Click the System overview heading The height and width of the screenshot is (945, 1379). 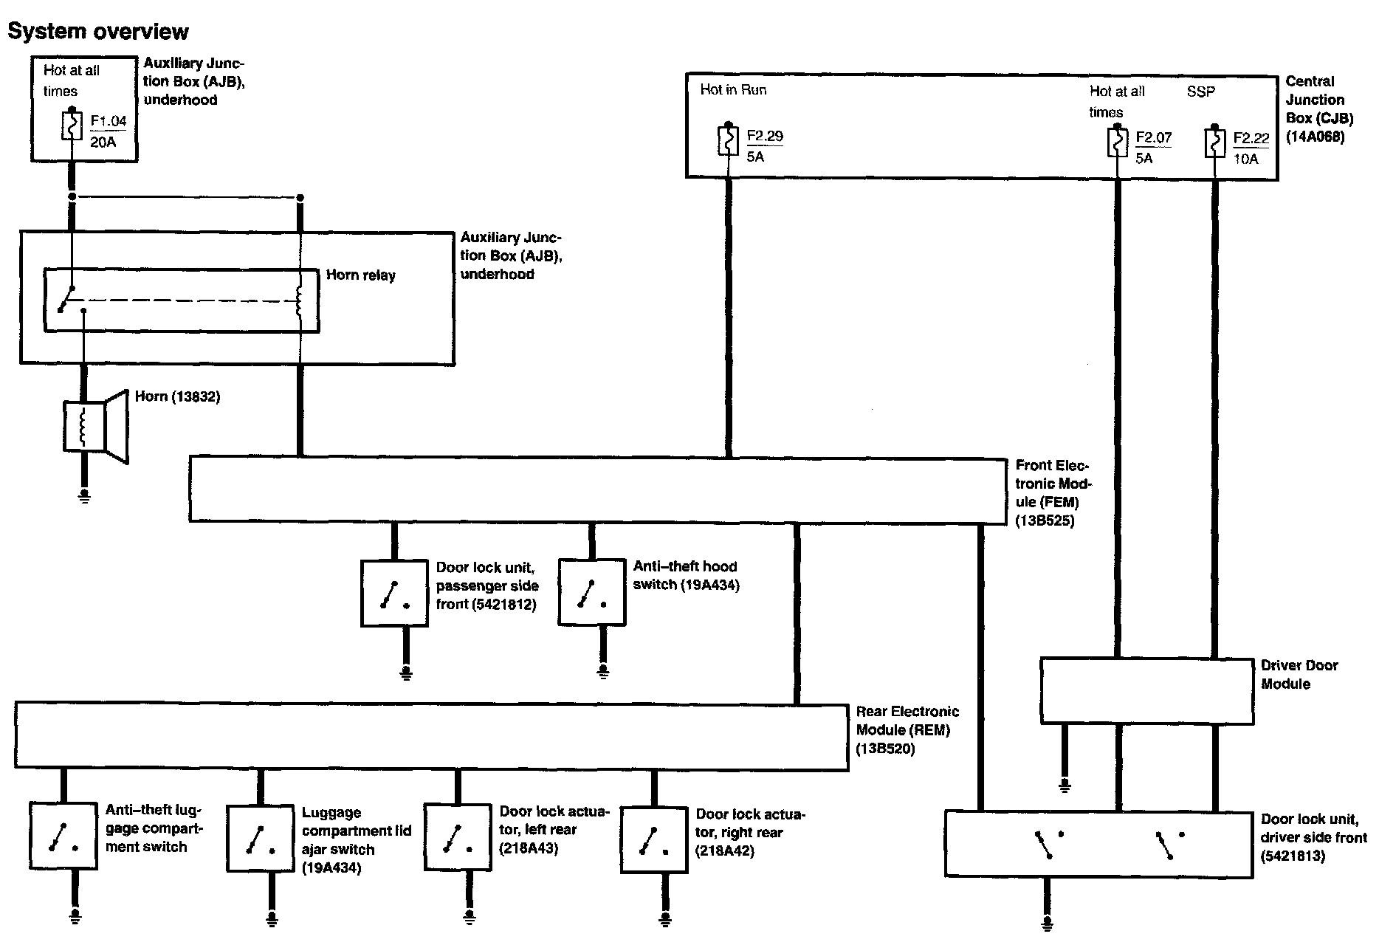98,32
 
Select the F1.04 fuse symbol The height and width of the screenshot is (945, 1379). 72,126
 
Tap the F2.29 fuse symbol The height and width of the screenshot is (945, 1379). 728,140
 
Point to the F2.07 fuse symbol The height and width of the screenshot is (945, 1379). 1117,142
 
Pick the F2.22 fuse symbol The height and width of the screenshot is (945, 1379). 1214,142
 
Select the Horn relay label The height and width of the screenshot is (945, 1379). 361,275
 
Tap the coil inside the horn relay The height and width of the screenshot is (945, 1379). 299,301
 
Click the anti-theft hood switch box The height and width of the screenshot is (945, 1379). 592,593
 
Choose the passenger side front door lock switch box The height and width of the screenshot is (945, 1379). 394,594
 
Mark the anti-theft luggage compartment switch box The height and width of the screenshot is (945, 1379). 63,836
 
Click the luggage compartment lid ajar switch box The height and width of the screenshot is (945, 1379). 260,838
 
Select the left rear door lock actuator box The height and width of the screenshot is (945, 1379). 457,837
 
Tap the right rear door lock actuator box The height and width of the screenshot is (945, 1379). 653,839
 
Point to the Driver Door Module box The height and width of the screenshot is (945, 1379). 1146,691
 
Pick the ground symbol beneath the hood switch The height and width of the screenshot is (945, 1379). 603,671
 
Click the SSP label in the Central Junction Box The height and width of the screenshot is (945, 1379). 1200,92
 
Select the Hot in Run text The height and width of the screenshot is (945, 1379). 733,90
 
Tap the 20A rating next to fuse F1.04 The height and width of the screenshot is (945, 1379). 103,142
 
